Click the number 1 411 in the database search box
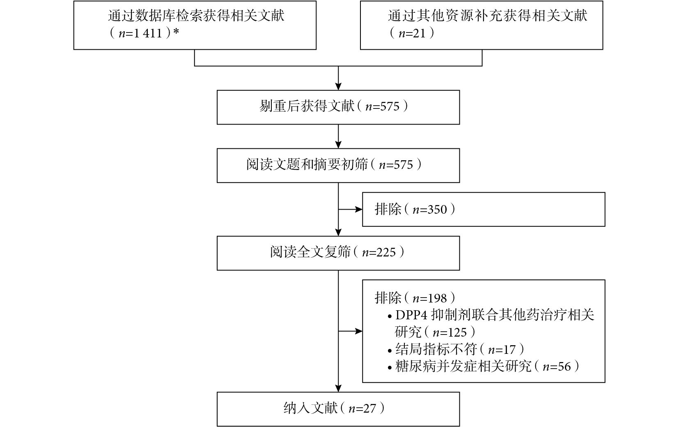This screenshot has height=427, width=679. (x=148, y=33)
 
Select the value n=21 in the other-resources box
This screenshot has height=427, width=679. (x=412, y=33)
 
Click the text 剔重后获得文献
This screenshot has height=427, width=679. (x=307, y=106)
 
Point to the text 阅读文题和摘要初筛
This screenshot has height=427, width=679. (x=307, y=164)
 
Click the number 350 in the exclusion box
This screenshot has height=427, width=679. (x=437, y=210)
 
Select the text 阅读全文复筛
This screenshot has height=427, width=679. (x=310, y=252)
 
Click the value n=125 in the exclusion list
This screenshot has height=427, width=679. (x=450, y=332)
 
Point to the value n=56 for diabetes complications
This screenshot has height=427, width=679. (x=557, y=367)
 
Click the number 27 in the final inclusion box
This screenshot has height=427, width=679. (x=369, y=409)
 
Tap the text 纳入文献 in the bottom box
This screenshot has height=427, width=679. (x=310, y=408)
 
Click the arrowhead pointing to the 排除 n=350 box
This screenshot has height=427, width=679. (x=359, y=210)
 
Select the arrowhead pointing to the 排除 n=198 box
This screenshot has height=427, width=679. (x=359, y=331)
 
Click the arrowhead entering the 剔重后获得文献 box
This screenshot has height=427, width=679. (x=338, y=86)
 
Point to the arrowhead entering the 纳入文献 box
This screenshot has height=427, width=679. (x=338, y=388)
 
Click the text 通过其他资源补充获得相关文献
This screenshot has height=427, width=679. (x=488, y=16)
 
